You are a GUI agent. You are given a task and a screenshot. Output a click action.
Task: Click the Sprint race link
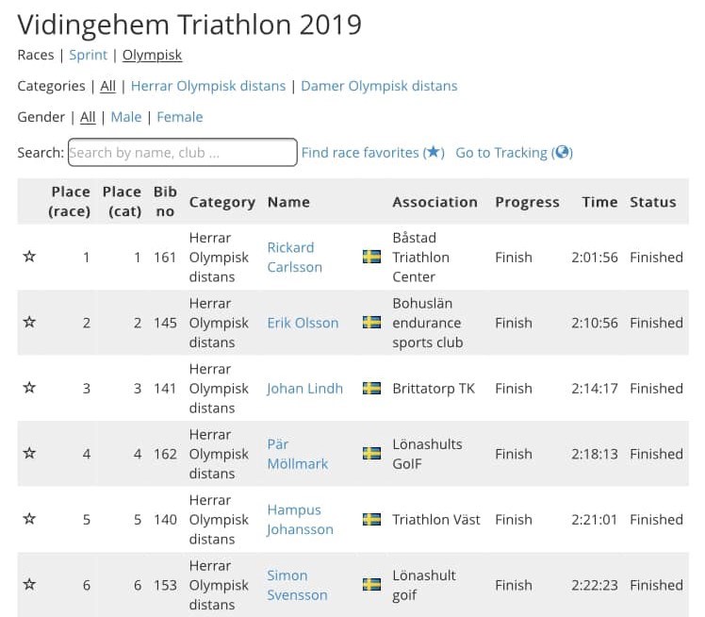89,55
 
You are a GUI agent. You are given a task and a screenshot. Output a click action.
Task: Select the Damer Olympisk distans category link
379,86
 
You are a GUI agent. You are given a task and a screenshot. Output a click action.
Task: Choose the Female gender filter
179,117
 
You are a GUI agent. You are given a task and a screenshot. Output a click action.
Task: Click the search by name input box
182,152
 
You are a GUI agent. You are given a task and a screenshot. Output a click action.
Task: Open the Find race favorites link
372,152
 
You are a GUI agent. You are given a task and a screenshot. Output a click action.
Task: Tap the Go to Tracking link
514,152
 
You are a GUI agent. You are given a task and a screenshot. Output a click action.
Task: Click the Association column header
434,202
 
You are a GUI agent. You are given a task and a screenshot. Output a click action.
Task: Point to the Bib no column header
165,202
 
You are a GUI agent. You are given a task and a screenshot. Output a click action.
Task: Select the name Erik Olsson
303,323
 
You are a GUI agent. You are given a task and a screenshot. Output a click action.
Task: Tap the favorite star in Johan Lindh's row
29,388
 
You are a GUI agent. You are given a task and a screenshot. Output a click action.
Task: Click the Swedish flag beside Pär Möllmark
372,454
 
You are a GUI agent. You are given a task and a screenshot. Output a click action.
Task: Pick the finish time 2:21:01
594,519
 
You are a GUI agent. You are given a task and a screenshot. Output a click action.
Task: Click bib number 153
165,585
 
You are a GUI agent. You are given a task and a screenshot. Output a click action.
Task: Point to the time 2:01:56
594,257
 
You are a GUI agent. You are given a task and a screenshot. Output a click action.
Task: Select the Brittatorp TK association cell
434,388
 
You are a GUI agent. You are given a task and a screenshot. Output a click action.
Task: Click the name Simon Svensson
297,585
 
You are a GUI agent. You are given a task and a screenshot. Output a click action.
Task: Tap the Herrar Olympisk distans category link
207,86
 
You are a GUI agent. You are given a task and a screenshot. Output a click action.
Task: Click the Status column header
653,202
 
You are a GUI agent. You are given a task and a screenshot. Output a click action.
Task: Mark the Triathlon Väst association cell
435,519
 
